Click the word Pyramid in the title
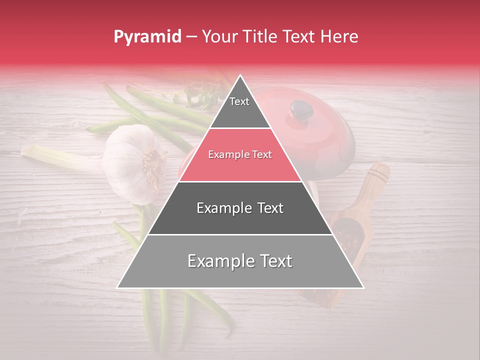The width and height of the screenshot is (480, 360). [147, 37]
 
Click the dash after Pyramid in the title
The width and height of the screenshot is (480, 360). [191, 37]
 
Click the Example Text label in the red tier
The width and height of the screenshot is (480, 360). [240, 155]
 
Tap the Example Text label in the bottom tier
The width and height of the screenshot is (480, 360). [240, 261]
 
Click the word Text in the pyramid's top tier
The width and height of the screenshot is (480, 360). [239, 101]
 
